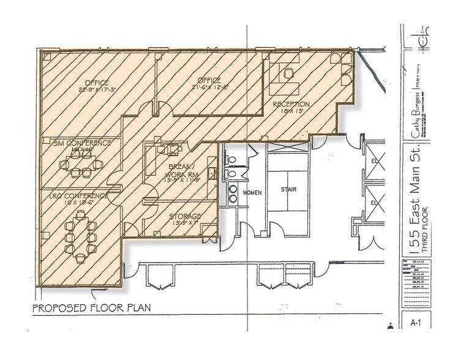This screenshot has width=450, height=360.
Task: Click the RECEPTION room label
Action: (291, 104)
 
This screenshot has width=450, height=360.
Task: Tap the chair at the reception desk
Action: (288, 73)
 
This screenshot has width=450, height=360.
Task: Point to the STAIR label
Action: (288, 190)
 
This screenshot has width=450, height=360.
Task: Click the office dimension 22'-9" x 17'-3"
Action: (97, 90)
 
